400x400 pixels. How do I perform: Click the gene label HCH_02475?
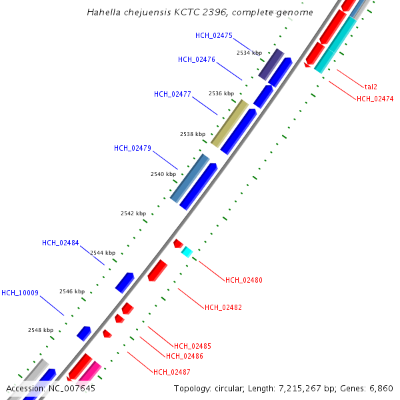coord(214,35)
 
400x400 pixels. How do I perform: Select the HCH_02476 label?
coord(196,59)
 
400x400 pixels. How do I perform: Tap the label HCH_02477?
coord(172,94)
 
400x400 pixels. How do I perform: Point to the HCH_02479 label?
coord(132,148)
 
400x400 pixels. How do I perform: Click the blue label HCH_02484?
coord(60,243)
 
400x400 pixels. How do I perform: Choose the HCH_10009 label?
coord(20,293)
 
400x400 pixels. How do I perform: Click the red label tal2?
coord(371,87)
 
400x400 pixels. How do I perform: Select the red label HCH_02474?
coord(375,99)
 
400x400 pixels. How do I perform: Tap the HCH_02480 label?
coord(244,280)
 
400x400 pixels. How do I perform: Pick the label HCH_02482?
coord(223,307)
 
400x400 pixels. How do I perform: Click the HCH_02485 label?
coord(193,346)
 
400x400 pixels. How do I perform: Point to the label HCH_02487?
coord(172,372)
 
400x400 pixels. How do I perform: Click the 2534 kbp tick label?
coord(249,53)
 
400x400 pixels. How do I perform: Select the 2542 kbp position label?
coord(133,213)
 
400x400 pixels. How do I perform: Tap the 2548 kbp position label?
coord(40,330)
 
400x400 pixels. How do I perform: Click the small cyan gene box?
coord(187,251)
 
